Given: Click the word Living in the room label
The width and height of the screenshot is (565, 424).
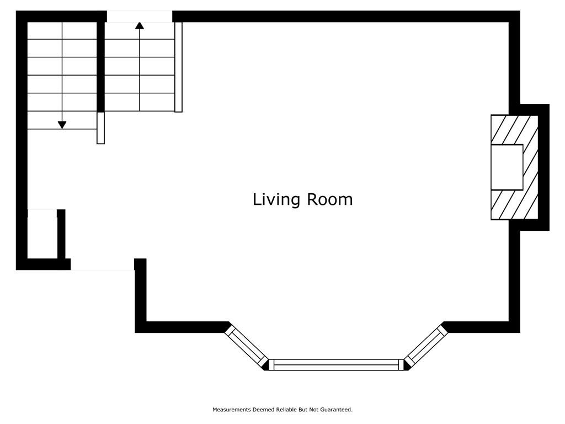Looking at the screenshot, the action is click(276, 200).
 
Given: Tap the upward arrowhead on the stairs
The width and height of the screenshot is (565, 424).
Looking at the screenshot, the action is click(140, 25).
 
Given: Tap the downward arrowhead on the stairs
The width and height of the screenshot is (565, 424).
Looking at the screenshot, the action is click(62, 125).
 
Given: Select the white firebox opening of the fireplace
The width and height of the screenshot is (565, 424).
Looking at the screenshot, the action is click(507, 167).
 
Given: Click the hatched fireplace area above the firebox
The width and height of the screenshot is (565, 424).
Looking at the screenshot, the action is click(515, 130).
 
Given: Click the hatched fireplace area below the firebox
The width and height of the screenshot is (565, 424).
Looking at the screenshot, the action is click(515, 205).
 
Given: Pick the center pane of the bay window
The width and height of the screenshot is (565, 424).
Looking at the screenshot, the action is click(336, 364).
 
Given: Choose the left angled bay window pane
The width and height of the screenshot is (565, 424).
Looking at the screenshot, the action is click(247, 346).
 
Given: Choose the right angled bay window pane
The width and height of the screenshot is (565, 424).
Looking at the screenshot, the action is click(426, 346).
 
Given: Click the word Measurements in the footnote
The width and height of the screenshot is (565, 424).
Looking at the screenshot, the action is click(231, 410).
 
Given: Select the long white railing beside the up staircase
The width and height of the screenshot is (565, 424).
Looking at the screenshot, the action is click(178, 67).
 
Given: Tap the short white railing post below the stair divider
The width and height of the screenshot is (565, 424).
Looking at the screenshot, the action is click(100, 128).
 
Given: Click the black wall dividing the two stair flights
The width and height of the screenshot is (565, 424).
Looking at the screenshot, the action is click(100, 67).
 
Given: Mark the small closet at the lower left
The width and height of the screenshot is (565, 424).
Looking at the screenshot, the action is click(42, 234).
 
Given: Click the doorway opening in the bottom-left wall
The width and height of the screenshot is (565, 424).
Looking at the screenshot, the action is click(102, 264).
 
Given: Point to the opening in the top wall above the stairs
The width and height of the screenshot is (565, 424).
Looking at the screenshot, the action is click(140, 16).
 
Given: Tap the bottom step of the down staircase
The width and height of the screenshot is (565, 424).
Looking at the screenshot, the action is click(62, 120).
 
